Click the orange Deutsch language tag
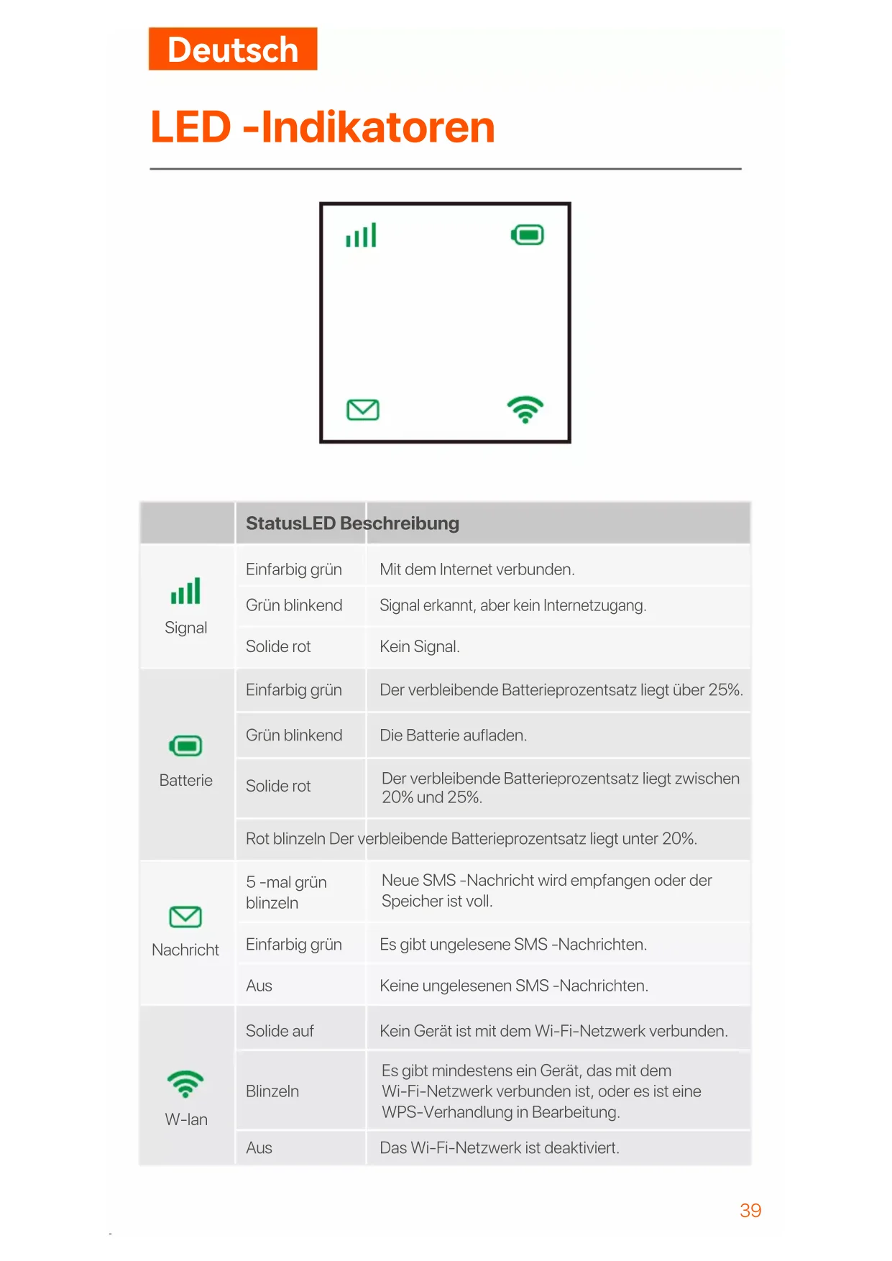[232, 49]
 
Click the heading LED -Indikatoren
[323, 127]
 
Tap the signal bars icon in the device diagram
[361, 235]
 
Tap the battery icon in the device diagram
[528, 235]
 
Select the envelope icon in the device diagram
[363, 410]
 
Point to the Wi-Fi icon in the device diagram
[525, 409]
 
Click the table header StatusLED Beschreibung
[352, 523]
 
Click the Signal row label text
[185, 628]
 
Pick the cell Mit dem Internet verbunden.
[477, 569]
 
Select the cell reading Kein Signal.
[420, 646]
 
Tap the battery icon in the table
[185, 746]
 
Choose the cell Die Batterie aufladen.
[454, 735]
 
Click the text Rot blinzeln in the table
[285, 839]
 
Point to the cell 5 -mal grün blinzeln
[286, 892]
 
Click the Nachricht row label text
[185, 950]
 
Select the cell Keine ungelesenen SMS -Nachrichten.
[514, 986]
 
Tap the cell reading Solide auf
[280, 1031]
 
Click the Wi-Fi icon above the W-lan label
[185, 1083]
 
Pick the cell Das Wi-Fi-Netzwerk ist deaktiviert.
[500, 1148]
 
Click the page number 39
[750, 1211]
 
